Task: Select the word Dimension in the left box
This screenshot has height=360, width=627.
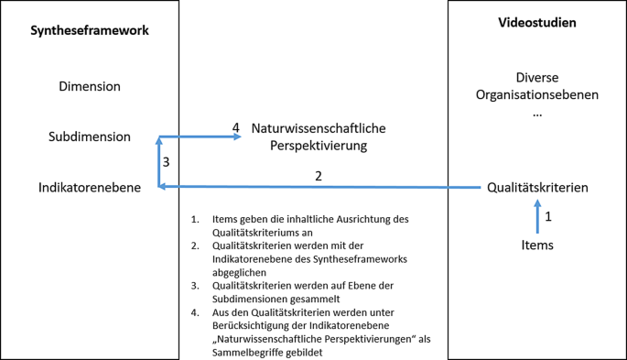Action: [x=89, y=87]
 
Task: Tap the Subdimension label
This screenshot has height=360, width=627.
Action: [x=89, y=136]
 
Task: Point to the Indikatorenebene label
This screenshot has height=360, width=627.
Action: [x=89, y=187]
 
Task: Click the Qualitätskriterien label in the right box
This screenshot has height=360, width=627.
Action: [x=537, y=188]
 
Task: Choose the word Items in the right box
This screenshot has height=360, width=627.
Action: [x=537, y=245]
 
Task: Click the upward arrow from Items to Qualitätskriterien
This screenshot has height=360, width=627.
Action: [x=537, y=218]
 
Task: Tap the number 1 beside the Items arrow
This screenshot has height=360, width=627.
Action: [x=548, y=217]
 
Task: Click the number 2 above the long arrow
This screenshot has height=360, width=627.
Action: [x=318, y=176]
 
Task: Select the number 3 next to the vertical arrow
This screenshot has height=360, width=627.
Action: [x=166, y=162]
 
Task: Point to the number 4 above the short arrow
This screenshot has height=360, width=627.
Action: [x=235, y=127]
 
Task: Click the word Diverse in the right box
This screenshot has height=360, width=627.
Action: [x=536, y=78]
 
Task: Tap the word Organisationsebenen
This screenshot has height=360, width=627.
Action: [x=536, y=94]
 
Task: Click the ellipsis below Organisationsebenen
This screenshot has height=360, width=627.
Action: [x=536, y=113]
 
